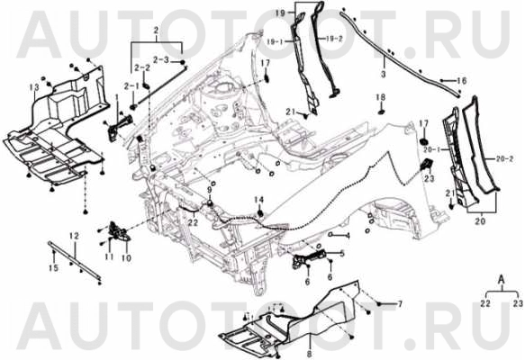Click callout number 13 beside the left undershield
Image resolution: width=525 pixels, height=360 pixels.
[34, 87]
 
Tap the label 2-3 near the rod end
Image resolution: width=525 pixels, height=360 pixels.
[161, 60]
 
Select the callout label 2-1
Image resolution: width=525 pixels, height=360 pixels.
[131, 86]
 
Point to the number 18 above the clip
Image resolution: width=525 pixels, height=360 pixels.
[380, 97]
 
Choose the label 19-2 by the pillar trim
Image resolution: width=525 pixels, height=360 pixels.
[333, 39]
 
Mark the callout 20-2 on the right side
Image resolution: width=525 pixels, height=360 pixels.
[504, 159]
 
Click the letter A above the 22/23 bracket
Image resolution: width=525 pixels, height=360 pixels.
[502, 278]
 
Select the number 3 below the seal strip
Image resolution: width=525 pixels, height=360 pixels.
[384, 73]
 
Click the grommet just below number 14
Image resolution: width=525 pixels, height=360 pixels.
[260, 213]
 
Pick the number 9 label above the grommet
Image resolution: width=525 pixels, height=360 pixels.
[210, 190]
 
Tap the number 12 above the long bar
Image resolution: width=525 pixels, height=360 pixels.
[74, 236]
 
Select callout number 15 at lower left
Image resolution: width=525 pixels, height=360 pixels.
[53, 267]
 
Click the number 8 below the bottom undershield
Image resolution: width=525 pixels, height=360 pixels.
[309, 354]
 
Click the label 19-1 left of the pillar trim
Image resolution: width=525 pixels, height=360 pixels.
[276, 41]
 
